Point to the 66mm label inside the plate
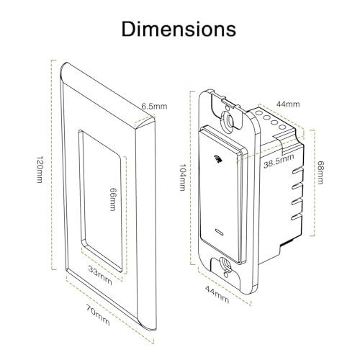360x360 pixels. [x=112, y=196]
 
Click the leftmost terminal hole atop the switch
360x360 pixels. [x=258, y=113]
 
